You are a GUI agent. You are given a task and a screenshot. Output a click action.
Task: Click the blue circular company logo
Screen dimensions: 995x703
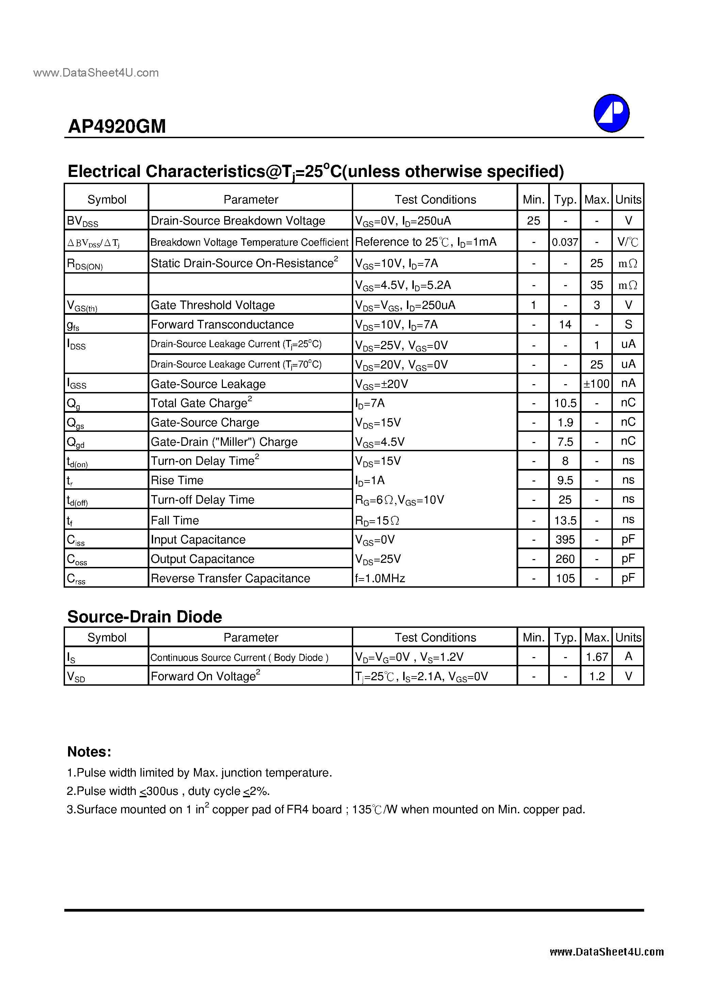611,113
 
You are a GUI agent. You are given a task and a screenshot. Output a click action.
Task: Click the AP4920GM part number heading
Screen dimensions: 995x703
117,127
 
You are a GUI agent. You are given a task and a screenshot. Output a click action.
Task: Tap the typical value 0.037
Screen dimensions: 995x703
565,242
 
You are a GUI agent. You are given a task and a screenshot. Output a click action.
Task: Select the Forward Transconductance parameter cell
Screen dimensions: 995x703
222,324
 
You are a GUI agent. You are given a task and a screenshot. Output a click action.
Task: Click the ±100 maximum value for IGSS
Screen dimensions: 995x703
596,384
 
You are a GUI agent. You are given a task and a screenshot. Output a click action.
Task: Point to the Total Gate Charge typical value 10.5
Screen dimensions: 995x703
565,403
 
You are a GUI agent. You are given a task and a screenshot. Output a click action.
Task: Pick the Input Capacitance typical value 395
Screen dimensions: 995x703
565,540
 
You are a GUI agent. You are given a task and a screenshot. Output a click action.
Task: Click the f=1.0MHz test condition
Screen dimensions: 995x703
380,578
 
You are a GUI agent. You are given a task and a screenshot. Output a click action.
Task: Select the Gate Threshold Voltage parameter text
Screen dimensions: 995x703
212,305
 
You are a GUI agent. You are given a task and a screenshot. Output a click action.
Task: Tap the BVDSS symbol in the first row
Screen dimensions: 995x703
82,221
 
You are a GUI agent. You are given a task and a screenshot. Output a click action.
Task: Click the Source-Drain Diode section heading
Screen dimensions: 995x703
144,616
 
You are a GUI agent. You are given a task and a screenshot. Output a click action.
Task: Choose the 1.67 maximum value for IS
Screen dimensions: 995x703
597,657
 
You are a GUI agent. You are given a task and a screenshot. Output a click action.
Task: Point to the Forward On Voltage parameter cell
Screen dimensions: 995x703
205,676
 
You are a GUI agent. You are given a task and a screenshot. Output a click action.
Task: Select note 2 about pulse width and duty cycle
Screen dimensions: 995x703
168,791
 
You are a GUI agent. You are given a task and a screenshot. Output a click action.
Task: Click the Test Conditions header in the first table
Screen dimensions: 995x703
435,199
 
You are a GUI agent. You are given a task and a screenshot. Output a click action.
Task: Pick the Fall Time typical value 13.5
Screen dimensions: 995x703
565,520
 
